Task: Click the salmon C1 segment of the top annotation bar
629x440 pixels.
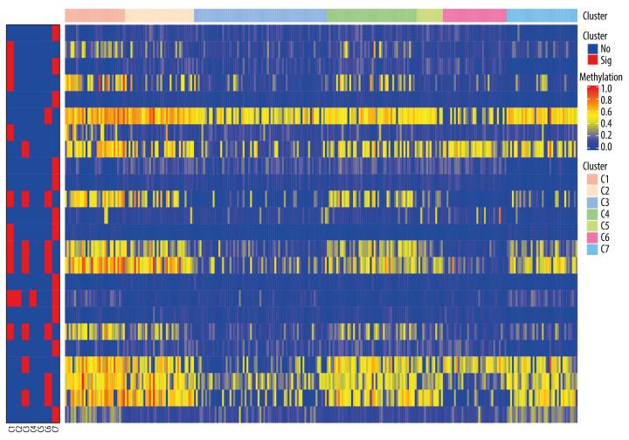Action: point(95,15)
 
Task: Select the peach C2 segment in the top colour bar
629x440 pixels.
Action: point(159,15)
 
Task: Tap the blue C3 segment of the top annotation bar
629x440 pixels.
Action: point(259,15)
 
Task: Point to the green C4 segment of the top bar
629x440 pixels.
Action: point(370,15)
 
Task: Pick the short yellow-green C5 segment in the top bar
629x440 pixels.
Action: point(429,15)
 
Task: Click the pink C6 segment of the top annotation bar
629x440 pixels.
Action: point(474,15)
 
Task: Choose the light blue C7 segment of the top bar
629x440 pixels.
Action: point(542,15)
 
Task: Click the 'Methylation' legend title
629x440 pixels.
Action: point(604,78)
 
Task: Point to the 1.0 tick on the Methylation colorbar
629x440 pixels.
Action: point(606,89)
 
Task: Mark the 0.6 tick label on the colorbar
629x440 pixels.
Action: point(606,113)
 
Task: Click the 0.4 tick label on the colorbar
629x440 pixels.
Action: point(606,125)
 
